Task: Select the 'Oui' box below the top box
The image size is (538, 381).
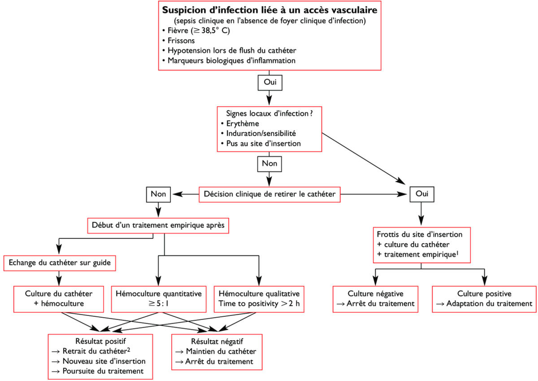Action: pyautogui.click(x=269, y=83)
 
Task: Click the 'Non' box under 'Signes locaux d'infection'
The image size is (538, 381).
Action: pyautogui.click(x=269, y=164)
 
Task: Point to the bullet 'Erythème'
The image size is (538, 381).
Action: pyautogui.click(x=243, y=123)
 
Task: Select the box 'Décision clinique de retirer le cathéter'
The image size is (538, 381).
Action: pyautogui.click(x=269, y=194)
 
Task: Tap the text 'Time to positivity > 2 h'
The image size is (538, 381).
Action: pyautogui.click(x=259, y=304)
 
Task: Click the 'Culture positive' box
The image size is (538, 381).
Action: pyautogui.click(x=484, y=298)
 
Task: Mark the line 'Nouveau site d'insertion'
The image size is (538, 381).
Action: pyautogui.click(x=97, y=361)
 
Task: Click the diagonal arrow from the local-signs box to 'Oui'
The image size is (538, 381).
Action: pyautogui.click(x=363, y=157)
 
